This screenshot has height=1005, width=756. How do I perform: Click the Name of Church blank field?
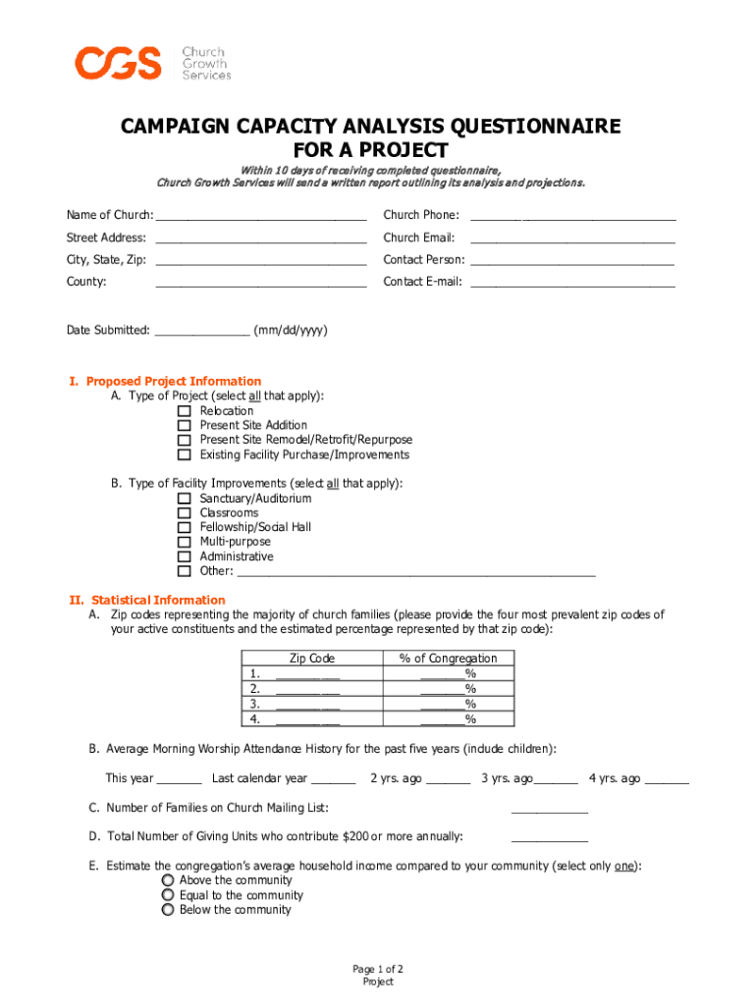click(x=260, y=216)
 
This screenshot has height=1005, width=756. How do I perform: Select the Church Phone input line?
click(x=572, y=216)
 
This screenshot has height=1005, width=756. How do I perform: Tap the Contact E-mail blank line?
click(x=572, y=283)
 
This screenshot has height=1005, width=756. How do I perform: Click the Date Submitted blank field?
click(x=202, y=332)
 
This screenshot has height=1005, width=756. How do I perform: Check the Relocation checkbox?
click(x=184, y=411)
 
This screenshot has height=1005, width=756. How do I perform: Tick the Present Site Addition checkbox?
click(x=184, y=426)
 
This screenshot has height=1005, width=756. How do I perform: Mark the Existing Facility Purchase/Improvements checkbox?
click(x=184, y=455)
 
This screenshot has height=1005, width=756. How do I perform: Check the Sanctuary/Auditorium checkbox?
click(x=184, y=499)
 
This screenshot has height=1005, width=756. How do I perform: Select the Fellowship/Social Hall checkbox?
click(x=184, y=527)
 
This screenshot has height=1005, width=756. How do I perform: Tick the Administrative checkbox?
click(x=184, y=556)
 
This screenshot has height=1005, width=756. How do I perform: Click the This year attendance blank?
click(x=179, y=780)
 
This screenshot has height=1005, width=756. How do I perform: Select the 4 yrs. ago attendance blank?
click(x=667, y=780)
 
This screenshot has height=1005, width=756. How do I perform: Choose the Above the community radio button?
click(x=168, y=880)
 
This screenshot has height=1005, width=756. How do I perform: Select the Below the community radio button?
click(x=168, y=910)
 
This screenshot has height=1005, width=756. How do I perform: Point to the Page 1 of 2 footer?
click(x=378, y=970)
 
